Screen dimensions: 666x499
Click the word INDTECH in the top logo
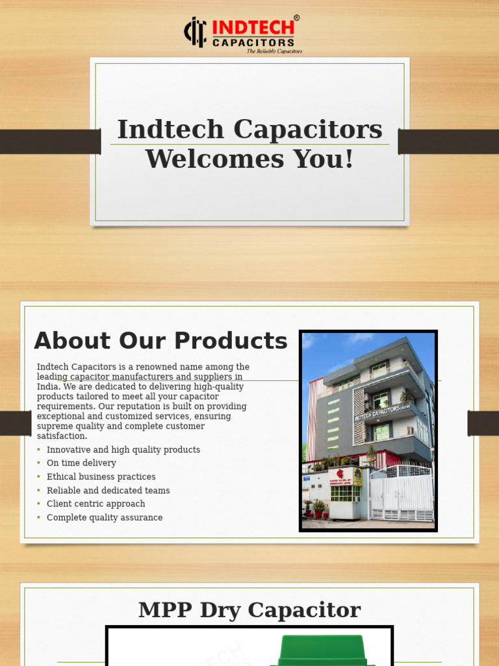point(253,29)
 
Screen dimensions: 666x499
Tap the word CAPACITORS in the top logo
point(253,43)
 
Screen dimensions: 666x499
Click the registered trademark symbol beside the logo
point(297,18)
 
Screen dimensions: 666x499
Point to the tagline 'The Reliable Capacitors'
point(274,51)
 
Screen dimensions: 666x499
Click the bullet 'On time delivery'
point(81,463)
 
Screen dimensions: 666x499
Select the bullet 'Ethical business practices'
point(101,477)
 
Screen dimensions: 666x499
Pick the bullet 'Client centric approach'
point(96,504)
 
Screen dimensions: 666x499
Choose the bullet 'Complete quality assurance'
point(105,518)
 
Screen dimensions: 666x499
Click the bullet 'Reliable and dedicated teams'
point(108,490)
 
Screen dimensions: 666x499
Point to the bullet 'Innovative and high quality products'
point(123,450)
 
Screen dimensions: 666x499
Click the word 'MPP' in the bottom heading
point(162,610)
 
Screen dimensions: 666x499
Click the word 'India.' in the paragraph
point(49,386)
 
